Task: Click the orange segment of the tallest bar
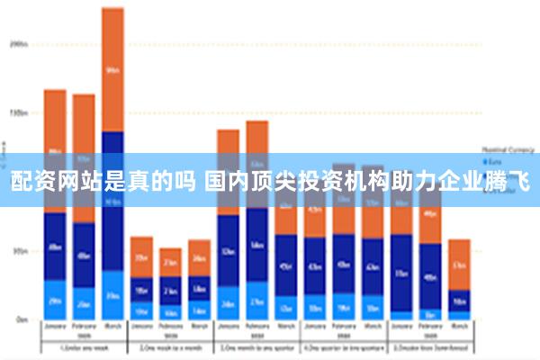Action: coord(112,68)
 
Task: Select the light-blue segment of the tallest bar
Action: coord(112,294)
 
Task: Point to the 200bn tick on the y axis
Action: coord(18,43)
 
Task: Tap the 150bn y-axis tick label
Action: coord(18,112)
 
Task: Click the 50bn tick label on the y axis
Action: coord(18,251)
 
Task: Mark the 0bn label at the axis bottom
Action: coord(20,319)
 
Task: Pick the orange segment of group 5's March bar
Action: coord(459,264)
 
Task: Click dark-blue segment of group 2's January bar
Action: coord(141,288)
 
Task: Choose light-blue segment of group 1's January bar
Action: coord(55,300)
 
